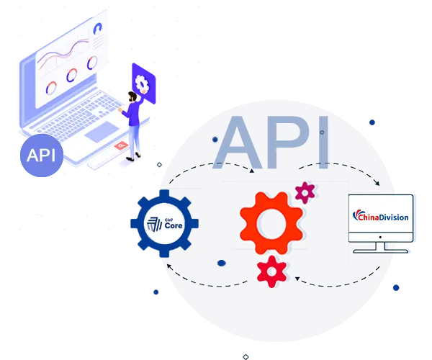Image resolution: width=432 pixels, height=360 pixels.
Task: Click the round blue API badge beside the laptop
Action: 42,155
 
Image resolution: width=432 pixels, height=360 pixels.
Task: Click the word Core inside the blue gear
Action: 174,225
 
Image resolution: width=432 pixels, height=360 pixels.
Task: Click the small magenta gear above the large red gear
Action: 305,192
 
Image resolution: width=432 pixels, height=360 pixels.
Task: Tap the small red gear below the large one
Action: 271,271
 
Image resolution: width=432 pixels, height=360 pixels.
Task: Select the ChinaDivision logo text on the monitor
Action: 381,216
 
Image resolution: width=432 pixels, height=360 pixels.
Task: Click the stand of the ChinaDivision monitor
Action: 379,247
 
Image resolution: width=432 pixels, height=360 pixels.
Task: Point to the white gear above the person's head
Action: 142,84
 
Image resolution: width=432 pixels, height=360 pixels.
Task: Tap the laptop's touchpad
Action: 102,132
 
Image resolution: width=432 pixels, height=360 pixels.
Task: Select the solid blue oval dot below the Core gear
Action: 222,262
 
